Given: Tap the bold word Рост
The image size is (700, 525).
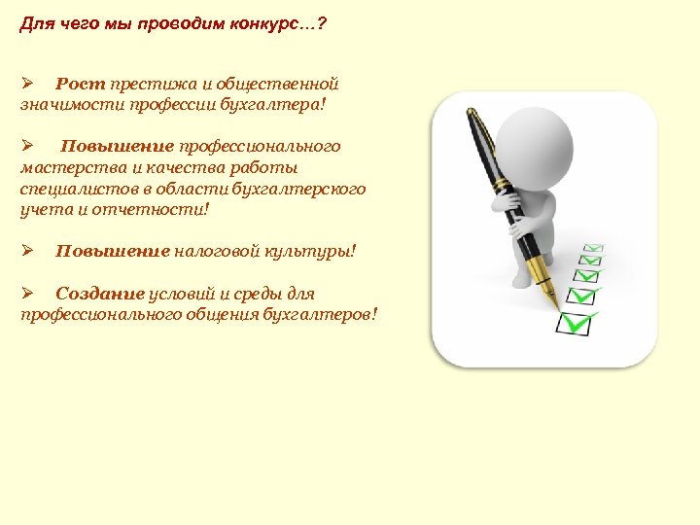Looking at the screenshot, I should pos(81,85).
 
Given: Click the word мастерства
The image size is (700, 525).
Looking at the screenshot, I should pos(66,167).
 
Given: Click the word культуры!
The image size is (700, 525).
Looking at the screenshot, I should pos(313,252).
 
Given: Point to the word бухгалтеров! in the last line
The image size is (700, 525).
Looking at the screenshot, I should pos(329,314).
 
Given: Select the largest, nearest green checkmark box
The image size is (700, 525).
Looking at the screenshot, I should pos(580,320).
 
